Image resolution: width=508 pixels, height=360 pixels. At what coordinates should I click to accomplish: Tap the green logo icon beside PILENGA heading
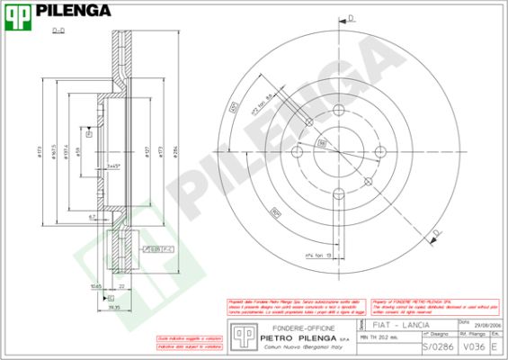pos(19,12)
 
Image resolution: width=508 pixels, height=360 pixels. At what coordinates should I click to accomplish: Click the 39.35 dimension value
pos(113,306)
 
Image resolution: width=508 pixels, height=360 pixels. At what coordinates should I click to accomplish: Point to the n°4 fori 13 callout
pos(319,255)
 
